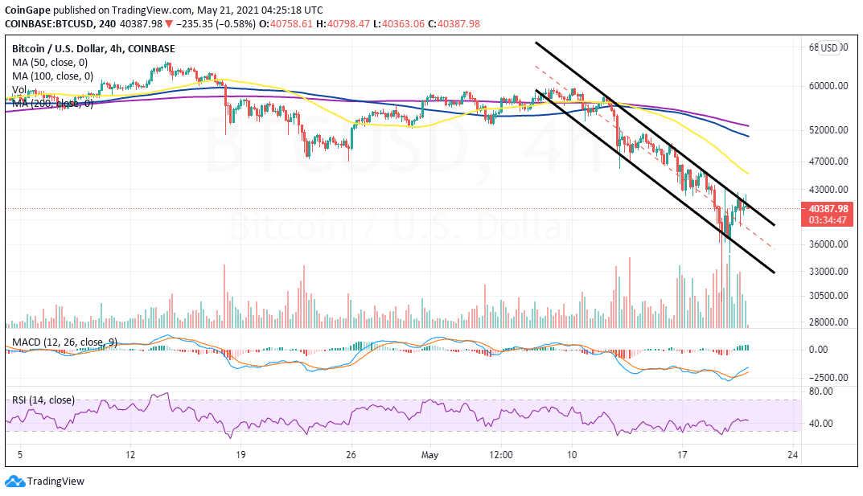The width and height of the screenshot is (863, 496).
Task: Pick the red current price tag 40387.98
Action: [827, 208]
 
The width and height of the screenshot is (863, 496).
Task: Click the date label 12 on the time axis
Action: [130, 455]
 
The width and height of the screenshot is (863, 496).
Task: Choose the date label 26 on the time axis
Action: [351, 455]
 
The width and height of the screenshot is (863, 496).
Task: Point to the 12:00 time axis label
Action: [501, 455]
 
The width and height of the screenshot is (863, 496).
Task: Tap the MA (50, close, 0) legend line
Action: [49, 62]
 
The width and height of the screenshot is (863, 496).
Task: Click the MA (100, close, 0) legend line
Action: [51, 76]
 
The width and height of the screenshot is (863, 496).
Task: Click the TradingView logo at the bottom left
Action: [45, 481]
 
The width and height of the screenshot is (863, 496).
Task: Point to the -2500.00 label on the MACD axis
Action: [827, 377]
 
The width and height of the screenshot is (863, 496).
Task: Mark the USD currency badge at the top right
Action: [828, 47]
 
